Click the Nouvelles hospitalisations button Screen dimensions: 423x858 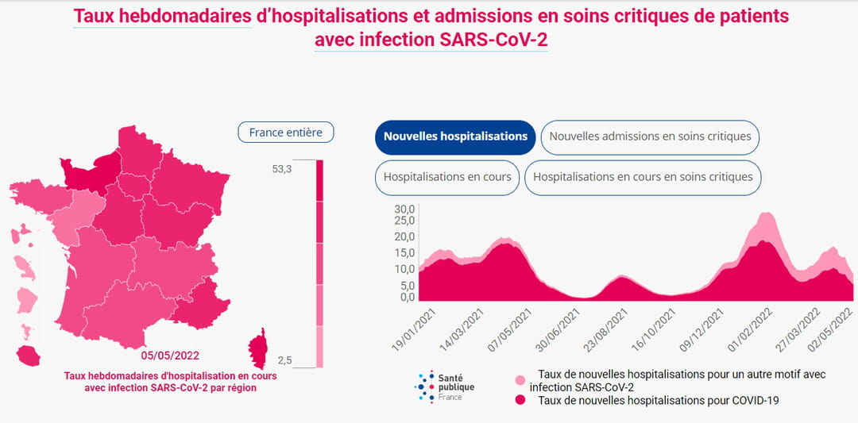coord(455,137)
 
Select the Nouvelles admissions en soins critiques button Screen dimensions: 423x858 coord(650,137)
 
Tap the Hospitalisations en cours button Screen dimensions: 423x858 coord(447,177)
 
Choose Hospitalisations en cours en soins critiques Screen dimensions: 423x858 coord(643,177)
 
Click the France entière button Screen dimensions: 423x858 coord(285,133)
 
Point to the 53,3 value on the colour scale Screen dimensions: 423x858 coord(281,169)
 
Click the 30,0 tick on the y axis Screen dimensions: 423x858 coord(406,209)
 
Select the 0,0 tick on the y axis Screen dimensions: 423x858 coord(408,298)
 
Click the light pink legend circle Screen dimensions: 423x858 coord(520,381)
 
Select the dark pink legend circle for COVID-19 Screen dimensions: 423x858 coord(520,401)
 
